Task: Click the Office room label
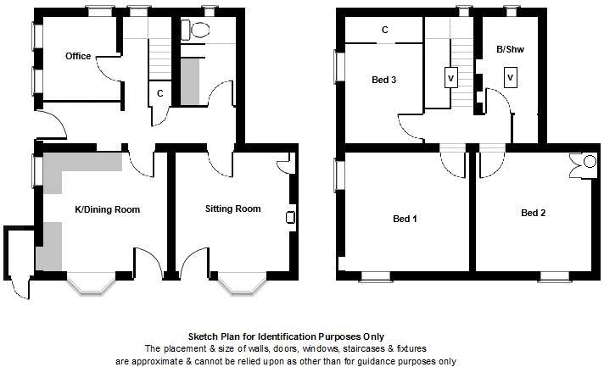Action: point(78,57)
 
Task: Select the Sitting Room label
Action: point(232,209)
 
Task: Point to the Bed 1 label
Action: point(405,219)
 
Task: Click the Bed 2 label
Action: point(533,213)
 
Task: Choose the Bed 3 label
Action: point(383,81)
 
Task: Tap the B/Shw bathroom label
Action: point(510,51)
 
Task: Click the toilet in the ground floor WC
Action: point(200,31)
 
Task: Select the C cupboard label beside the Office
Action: point(159,93)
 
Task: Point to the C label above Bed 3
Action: point(384,31)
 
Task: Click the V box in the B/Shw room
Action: point(510,78)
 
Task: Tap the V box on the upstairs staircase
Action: point(449,78)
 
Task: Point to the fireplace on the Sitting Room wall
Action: point(291,218)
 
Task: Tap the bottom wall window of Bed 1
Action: point(376,275)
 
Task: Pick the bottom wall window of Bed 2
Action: point(556,275)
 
